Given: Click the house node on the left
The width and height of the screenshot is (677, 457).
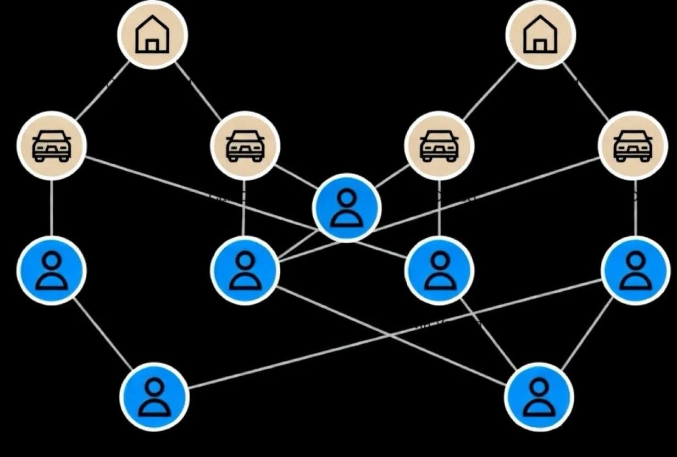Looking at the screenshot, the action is [153, 35].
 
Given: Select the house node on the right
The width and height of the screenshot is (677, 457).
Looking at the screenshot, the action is [541, 35].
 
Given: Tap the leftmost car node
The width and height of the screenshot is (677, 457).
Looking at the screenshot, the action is [52, 146].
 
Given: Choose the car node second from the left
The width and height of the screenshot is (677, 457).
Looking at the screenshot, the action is [245, 146].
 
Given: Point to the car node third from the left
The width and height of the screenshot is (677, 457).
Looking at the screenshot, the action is [439, 146].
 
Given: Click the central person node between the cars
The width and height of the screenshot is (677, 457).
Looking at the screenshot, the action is [347, 208].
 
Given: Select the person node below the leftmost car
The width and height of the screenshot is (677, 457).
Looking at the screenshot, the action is [52, 270].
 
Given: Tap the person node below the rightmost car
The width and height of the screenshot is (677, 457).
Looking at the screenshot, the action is [635, 270].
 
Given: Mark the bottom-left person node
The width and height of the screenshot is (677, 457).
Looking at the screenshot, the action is [154, 395].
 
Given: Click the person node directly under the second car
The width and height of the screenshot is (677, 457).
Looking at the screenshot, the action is [245, 270].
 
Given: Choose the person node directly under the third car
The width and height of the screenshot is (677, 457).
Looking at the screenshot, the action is [439, 270].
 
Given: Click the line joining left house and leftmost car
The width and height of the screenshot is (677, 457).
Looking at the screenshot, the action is [102, 91].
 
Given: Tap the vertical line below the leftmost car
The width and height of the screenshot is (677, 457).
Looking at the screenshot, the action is [52, 208].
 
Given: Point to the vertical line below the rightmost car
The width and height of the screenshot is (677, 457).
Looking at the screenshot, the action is [636, 208].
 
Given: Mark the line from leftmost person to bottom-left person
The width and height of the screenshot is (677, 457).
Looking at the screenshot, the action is [103, 333].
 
